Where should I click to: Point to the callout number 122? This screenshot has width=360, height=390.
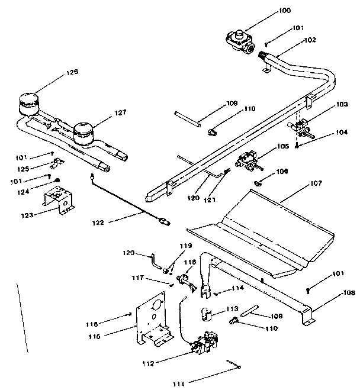98,223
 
